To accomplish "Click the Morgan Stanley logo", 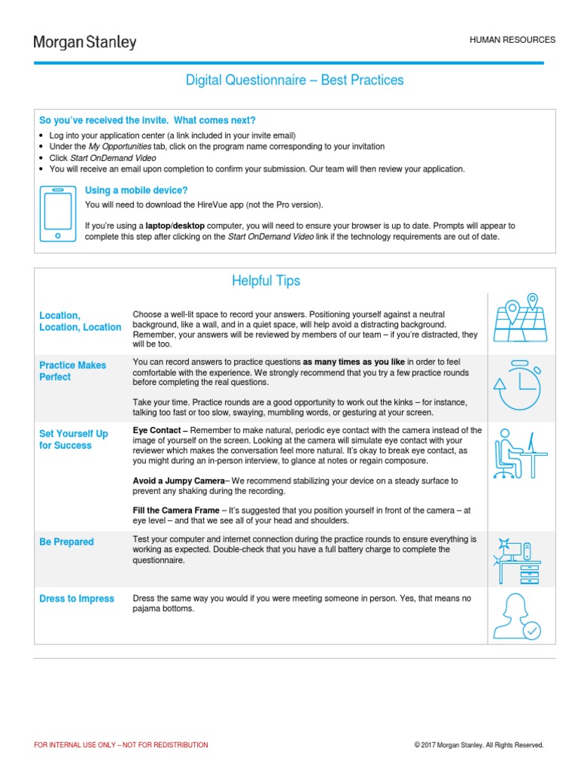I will click(x=85, y=42).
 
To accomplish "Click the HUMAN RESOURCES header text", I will click(x=513, y=40).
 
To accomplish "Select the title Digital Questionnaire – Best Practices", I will click(x=295, y=80).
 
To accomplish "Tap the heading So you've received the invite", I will click(x=148, y=120).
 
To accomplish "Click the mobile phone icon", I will click(x=57, y=213).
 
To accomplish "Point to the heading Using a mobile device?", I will click(x=136, y=190).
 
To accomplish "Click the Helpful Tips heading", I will click(x=266, y=281).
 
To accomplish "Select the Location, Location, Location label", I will click(x=80, y=321).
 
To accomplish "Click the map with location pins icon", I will click(x=521, y=319).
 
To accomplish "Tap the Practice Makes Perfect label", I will click(x=73, y=371).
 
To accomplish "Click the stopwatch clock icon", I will click(x=520, y=384).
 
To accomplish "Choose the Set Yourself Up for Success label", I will click(x=74, y=439).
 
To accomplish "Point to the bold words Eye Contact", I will click(x=157, y=430).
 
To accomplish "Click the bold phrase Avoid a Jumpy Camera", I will click(x=178, y=480).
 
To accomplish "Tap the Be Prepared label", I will click(x=67, y=542).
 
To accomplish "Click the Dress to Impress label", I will click(x=77, y=599).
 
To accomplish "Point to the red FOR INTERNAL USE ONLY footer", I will click(x=121, y=745).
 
